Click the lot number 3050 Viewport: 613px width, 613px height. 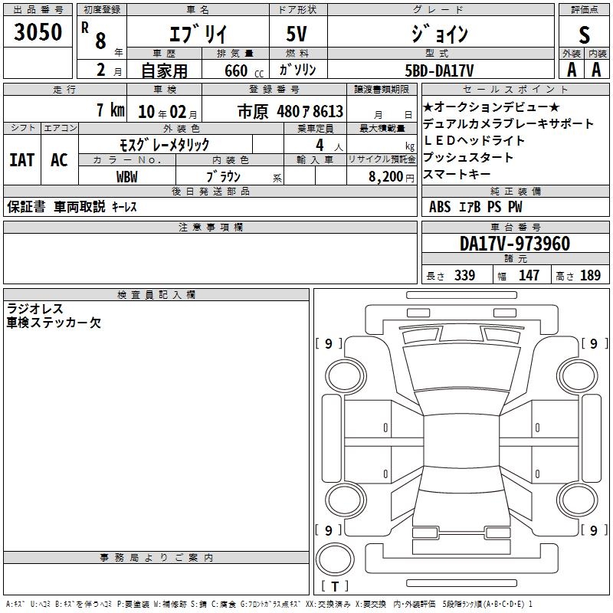click(x=38, y=31)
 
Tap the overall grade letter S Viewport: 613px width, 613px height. click(x=584, y=34)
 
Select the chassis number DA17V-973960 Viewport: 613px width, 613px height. click(x=515, y=244)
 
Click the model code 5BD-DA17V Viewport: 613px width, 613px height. click(x=439, y=70)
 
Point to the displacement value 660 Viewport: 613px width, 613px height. click(x=236, y=70)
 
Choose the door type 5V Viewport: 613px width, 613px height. click(x=297, y=34)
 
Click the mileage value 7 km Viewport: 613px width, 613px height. click(x=110, y=110)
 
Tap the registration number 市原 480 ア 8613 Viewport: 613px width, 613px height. click(x=290, y=111)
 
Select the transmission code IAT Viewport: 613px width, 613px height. click(x=22, y=160)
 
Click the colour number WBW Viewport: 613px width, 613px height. click(x=127, y=177)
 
